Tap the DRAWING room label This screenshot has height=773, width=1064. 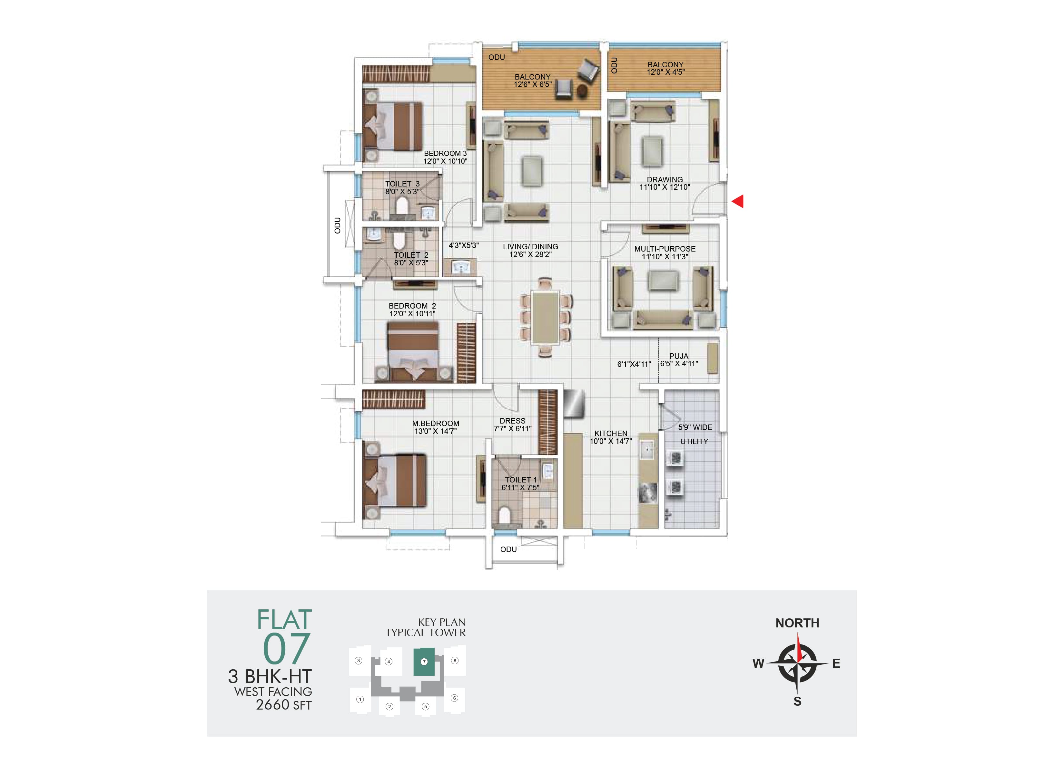(x=665, y=179)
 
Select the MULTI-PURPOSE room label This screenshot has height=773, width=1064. (x=665, y=249)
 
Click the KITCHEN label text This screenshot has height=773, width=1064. (x=611, y=434)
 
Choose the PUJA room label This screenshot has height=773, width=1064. (x=679, y=356)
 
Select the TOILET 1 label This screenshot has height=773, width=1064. (x=521, y=480)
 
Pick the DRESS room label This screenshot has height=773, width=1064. (x=512, y=421)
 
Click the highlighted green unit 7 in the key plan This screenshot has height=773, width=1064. (x=424, y=662)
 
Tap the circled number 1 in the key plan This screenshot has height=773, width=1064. (x=360, y=699)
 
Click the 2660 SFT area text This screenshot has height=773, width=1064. (x=283, y=705)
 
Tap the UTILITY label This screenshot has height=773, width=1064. (x=694, y=442)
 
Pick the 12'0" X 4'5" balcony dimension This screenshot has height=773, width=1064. (x=666, y=72)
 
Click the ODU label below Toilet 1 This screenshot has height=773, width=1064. (x=508, y=549)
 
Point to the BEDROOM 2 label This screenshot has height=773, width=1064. (x=412, y=306)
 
